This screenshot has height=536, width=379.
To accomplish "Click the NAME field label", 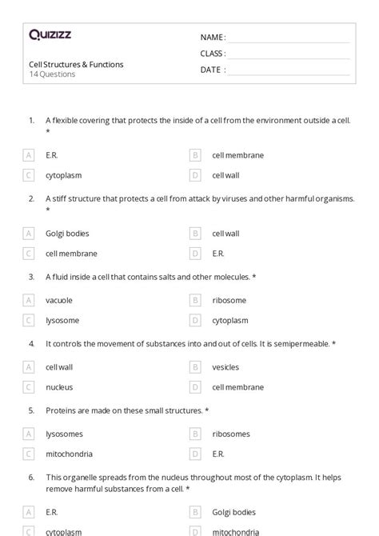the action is (x=213, y=38).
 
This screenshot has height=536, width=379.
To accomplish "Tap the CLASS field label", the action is (x=213, y=54).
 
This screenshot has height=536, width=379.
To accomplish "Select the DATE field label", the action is (x=212, y=70).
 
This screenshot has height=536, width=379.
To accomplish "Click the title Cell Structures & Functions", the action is (x=76, y=64).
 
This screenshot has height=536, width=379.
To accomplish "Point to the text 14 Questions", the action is (x=52, y=74).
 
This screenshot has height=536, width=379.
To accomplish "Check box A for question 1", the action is (x=29, y=155).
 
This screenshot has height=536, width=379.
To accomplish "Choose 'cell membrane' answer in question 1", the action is (x=237, y=155).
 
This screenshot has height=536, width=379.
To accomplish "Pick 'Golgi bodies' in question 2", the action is (x=67, y=234).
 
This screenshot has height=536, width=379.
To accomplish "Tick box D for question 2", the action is (x=194, y=254).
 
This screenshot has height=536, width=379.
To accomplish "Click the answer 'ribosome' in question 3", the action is (x=229, y=300).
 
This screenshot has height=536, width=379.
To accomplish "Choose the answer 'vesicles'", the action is (x=226, y=367).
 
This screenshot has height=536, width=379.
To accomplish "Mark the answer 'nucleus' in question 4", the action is (x=59, y=387).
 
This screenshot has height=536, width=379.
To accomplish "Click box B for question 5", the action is (x=194, y=434).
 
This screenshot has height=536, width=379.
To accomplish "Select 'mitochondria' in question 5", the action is (x=70, y=454).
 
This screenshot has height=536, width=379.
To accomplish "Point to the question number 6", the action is (x=31, y=477).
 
